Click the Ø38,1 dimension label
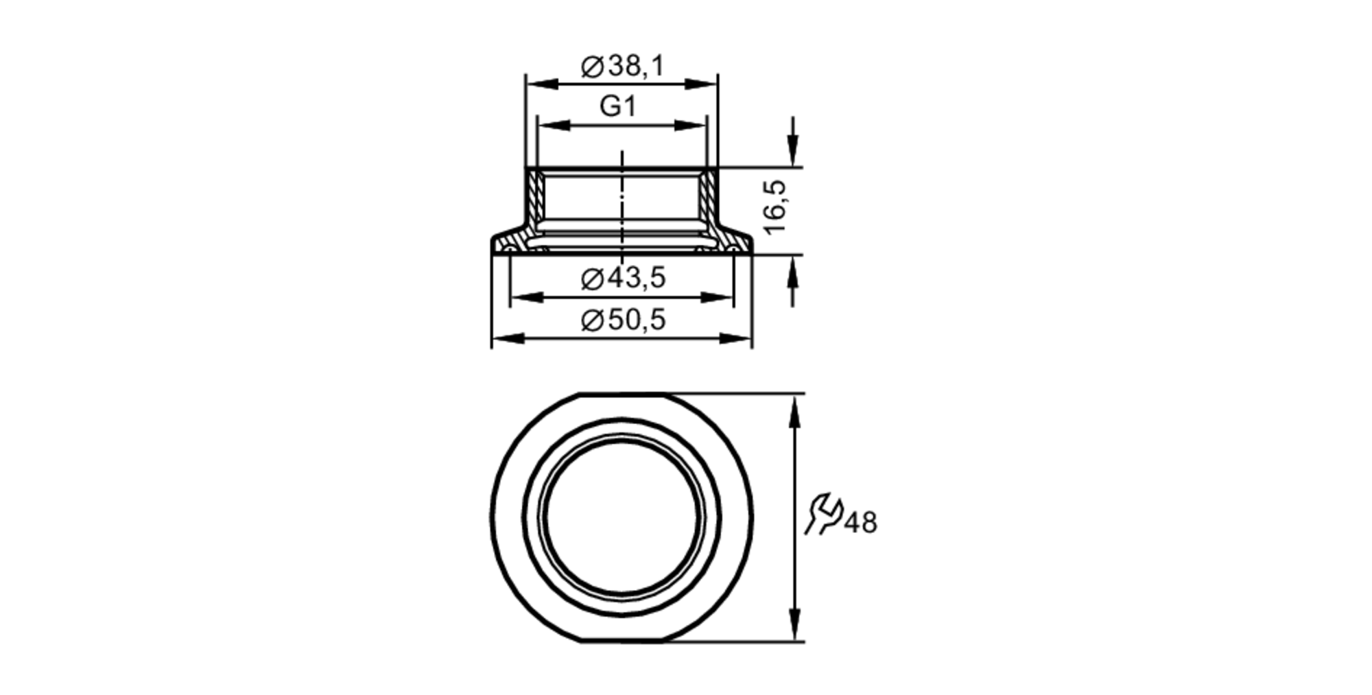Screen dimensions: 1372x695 coord(623,67)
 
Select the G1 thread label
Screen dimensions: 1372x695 coord(618,106)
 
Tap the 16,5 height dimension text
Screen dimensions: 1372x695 coord(774,207)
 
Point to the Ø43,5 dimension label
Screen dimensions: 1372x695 coord(623,279)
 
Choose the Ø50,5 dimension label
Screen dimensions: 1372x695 coord(623,320)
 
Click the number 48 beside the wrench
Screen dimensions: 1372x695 coord(860,523)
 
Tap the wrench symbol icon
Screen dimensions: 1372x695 coord(823,513)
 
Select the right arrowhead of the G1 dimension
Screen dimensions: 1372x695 coord(690,126)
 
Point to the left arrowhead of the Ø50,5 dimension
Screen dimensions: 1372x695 coord(508,339)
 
